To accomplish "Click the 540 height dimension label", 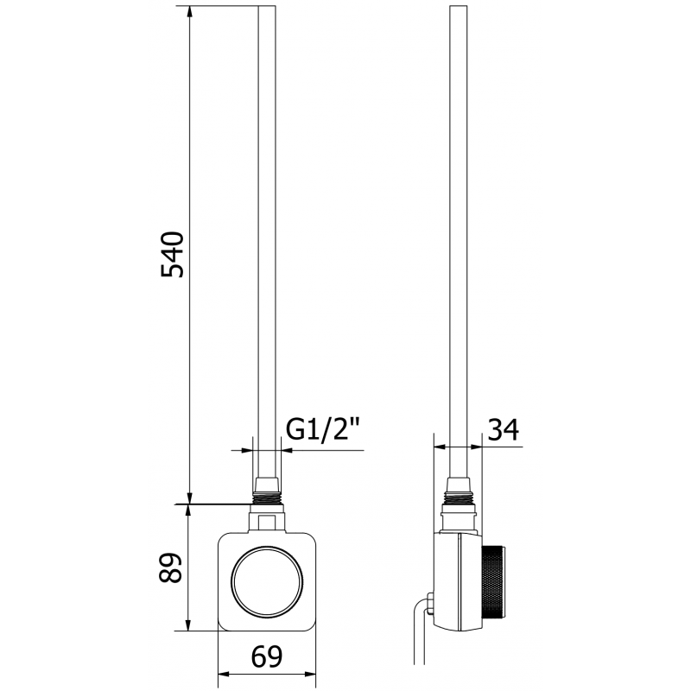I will (174, 254).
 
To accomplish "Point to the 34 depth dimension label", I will (503, 429).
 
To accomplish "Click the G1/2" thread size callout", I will (321, 429).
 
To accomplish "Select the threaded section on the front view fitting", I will (266, 498).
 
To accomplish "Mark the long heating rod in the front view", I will (268, 242).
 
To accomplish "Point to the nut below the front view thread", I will (266, 520).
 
